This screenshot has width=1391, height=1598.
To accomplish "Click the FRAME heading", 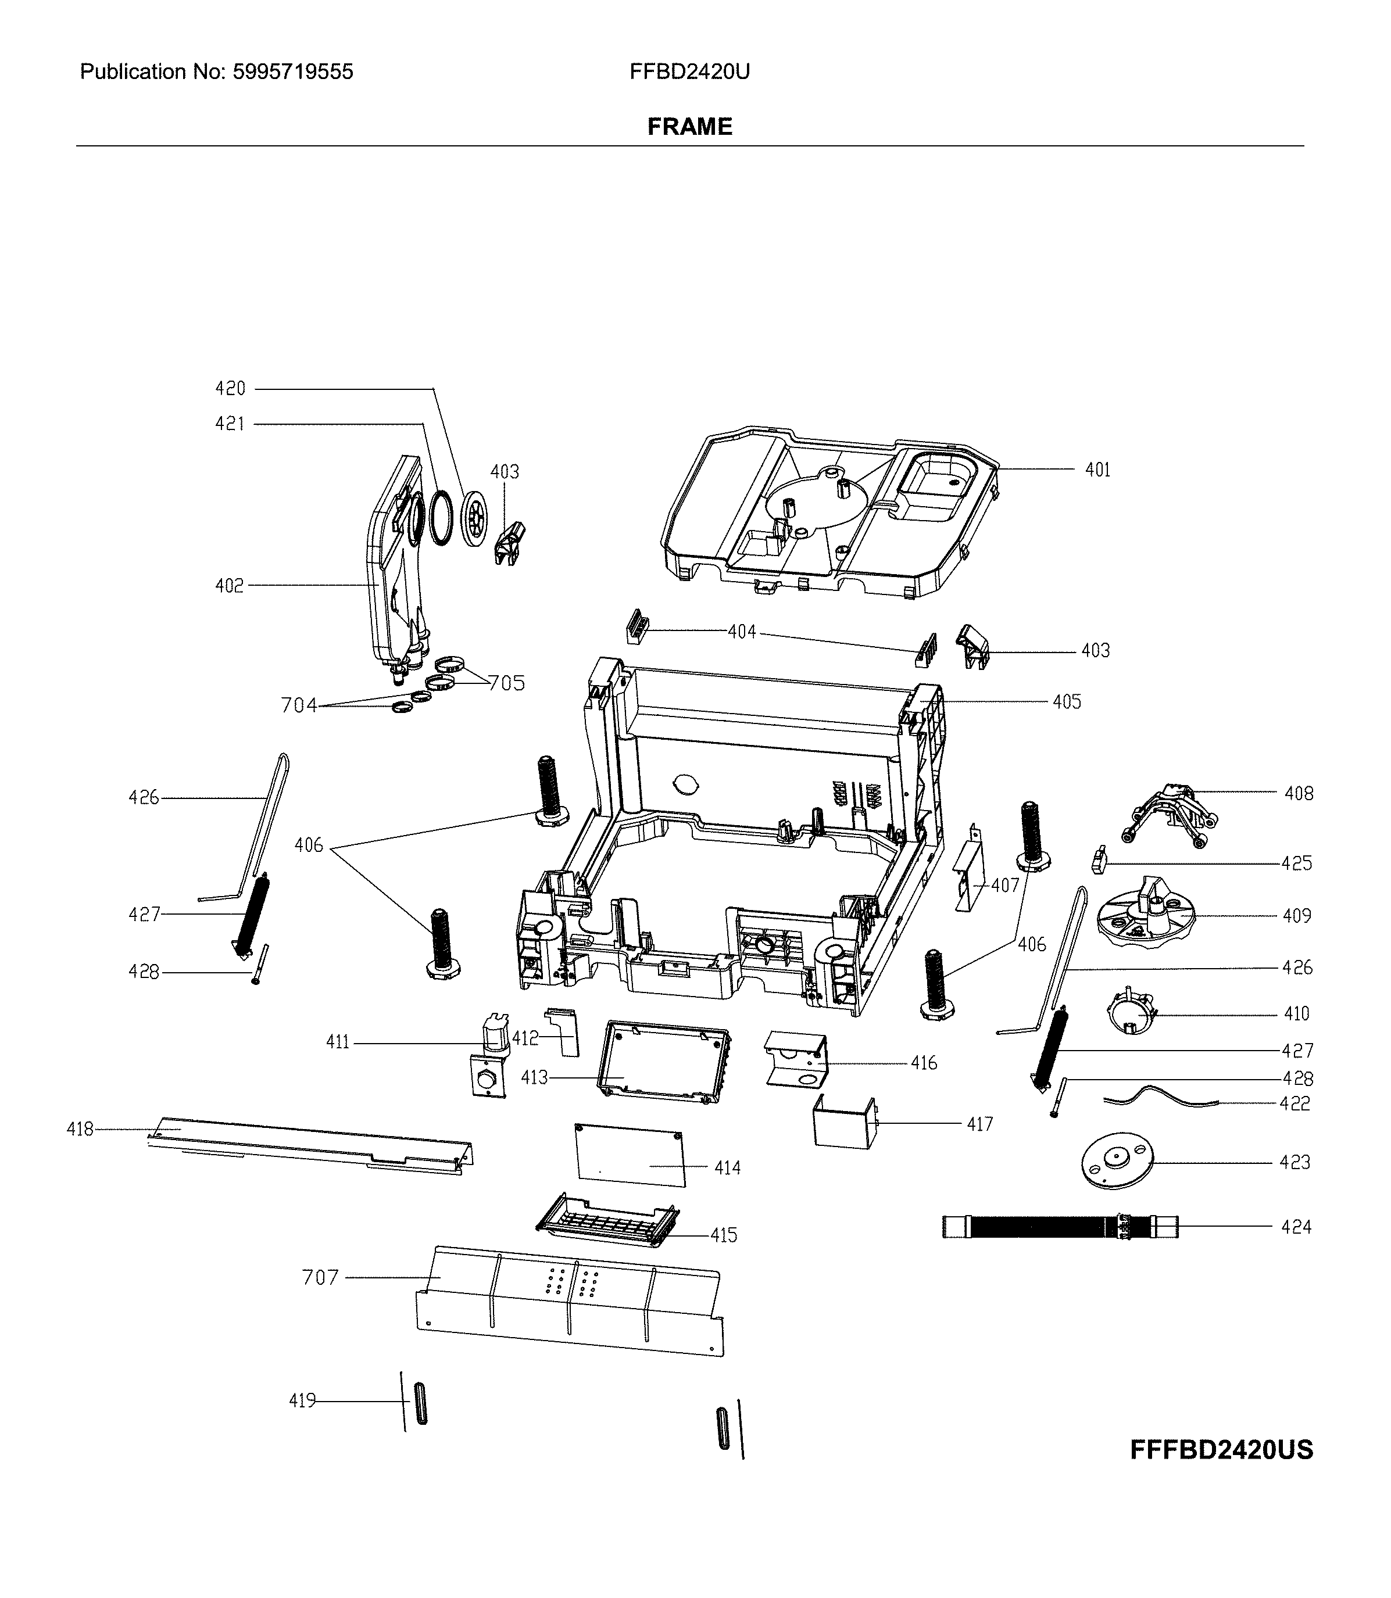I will click(x=689, y=127).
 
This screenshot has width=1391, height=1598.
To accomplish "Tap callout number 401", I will click(x=1097, y=470).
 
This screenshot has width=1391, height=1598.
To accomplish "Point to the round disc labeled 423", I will click(x=1116, y=1162).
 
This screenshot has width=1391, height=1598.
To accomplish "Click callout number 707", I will click(x=320, y=1277).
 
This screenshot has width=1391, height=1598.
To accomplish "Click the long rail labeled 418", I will click(x=310, y=1145).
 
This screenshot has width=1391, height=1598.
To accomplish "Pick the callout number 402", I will click(x=229, y=586).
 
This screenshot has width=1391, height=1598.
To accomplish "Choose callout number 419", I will click(x=302, y=1401).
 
